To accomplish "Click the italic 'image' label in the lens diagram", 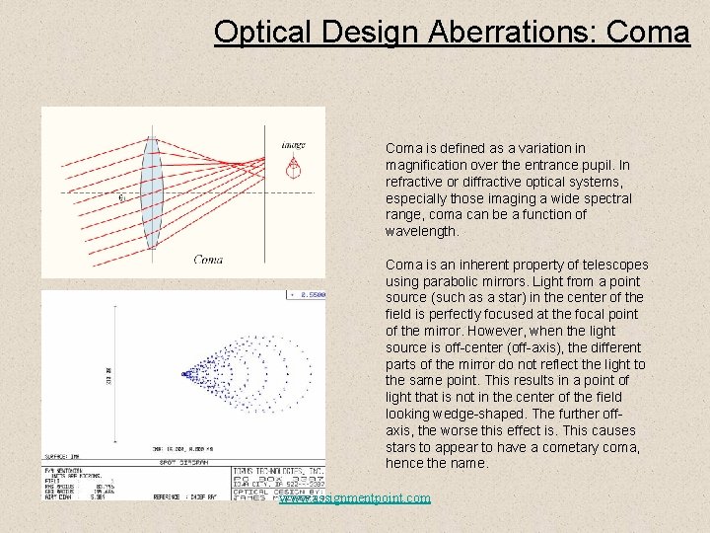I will pyautogui.click(x=293, y=145).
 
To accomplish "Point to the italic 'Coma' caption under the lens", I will pyautogui.click(x=208, y=260).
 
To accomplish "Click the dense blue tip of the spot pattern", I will pyautogui.click(x=187, y=374).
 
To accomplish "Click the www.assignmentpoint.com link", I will pyautogui.click(x=355, y=497).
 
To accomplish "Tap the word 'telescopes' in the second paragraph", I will pyautogui.click(x=614, y=265).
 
